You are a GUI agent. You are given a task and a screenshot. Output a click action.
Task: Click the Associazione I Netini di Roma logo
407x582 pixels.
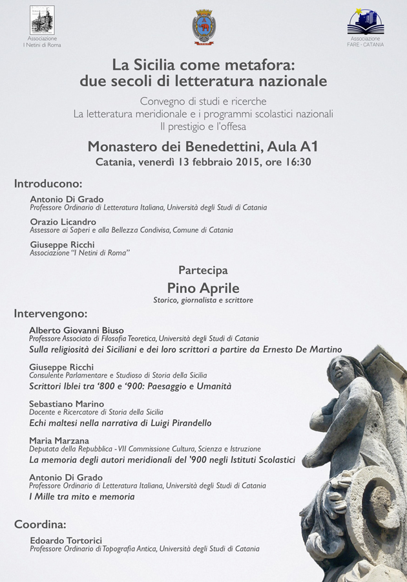point(42,20)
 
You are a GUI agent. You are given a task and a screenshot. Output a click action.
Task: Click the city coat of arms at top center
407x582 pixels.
point(203,27)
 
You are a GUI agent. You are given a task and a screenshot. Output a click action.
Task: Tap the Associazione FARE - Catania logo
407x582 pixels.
point(365,22)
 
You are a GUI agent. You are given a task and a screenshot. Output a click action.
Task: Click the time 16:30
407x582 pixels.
point(295,162)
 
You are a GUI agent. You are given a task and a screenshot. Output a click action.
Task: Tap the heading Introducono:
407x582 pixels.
point(48,183)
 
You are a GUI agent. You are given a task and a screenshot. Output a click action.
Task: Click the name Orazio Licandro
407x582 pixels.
point(63,222)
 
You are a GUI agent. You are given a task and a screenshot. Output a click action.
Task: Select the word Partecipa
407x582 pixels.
point(203,270)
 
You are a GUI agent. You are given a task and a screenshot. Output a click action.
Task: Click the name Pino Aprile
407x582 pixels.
point(203,288)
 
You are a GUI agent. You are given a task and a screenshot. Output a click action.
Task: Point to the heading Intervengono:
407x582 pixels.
point(50,314)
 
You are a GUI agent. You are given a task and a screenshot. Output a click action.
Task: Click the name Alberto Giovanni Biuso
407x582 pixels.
point(76,330)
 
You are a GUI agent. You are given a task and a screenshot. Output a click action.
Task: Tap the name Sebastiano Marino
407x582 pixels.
point(67,404)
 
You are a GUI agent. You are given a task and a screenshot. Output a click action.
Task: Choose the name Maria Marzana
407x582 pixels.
point(59,440)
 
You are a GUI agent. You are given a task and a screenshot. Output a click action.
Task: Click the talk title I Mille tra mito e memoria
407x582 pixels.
point(82,497)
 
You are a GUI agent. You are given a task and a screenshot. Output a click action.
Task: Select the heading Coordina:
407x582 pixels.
point(40,524)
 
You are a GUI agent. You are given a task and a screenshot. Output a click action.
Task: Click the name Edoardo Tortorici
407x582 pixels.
point(66,540)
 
